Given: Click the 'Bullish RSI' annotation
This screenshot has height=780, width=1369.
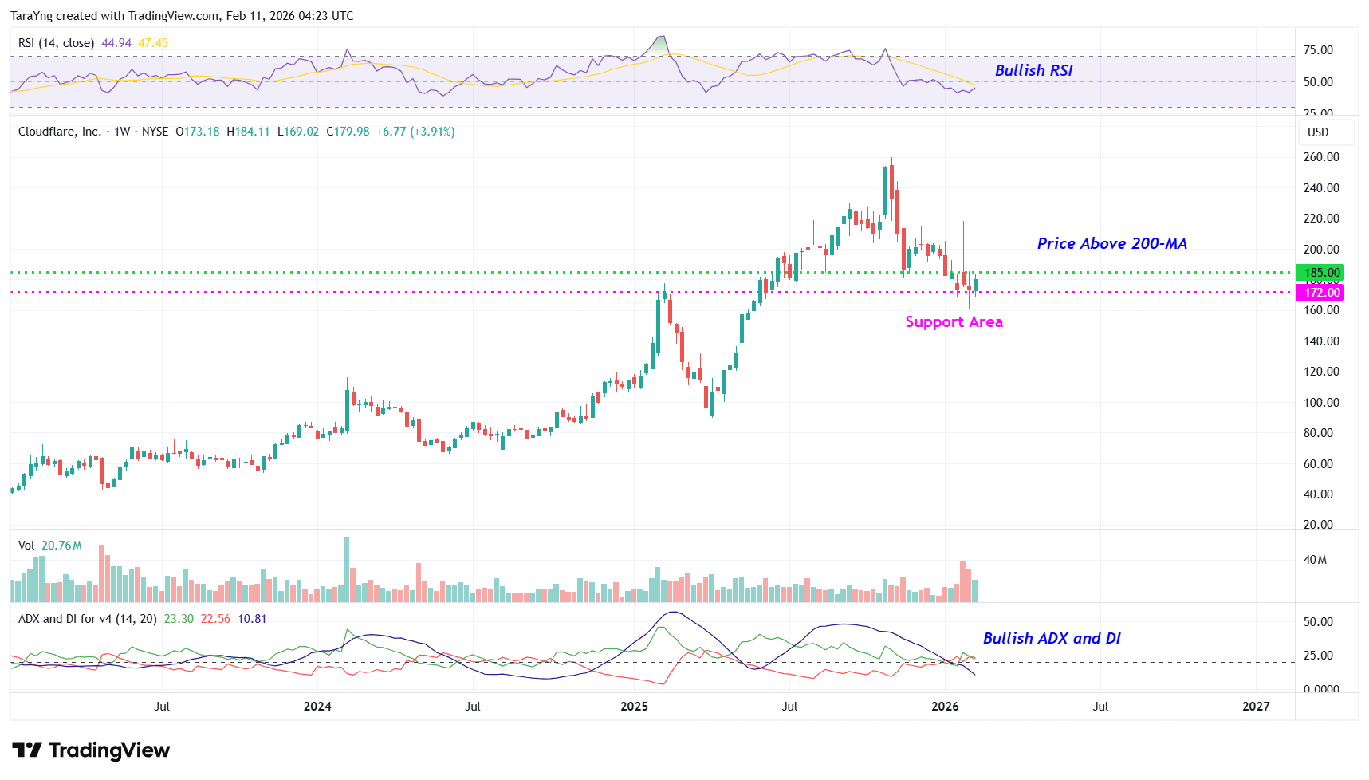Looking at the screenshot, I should [1033, 70].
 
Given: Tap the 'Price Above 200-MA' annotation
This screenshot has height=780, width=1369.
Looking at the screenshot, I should [1111, 243].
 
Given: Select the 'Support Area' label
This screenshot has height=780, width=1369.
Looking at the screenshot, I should [954, 321].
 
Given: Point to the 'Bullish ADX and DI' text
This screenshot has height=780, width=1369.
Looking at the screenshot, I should [1051, 638].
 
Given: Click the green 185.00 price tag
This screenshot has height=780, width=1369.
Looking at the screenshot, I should [1320, 273].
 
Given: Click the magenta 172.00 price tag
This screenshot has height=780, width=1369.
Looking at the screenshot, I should [1320, 293].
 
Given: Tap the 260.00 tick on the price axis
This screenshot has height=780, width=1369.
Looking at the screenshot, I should [1320, 157].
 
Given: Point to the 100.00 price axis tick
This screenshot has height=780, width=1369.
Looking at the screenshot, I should [1320, 403].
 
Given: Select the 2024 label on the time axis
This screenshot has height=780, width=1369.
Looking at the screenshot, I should [317, 706].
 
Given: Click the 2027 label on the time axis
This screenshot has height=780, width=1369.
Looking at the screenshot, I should [1256, 706].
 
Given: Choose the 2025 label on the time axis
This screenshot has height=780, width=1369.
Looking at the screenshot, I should [634, 706].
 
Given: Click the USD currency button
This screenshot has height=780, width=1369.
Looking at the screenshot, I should [1317, 132].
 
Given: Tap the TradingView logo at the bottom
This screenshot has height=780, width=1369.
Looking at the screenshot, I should [91, 750].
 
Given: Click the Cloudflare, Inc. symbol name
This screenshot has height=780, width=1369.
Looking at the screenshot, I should [60, 132].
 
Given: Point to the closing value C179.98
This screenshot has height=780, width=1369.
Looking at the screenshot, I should [348, 132].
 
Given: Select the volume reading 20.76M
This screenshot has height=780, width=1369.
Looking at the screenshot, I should [61, 546].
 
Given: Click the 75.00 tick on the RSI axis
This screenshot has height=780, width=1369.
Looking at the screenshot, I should [1317, 50].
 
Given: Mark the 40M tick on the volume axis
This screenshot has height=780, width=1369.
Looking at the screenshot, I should [1315, 560].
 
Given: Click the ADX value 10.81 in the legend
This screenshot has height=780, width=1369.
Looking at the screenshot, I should [252, 619].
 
